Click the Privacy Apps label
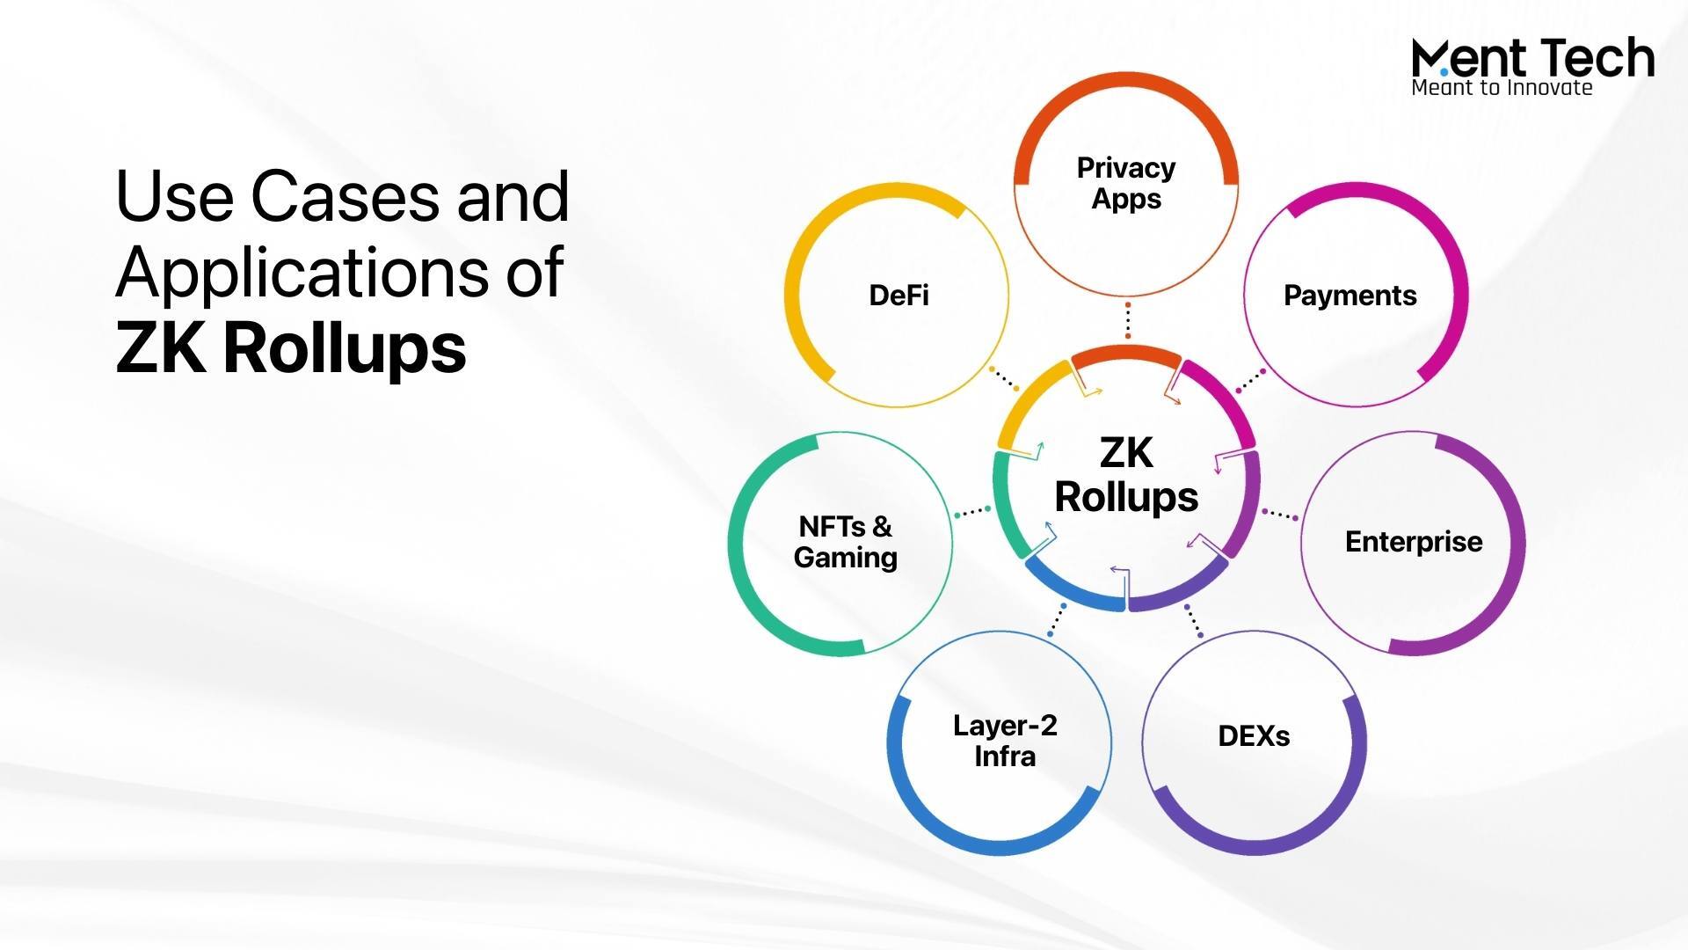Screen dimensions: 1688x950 click(x=1126, y=183)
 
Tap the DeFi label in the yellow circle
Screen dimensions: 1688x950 click(x=899, y=296)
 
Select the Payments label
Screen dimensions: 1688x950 click(x=1350, y=296)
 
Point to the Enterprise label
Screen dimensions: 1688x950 click(x=1414, y=542)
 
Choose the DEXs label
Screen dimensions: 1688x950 click(x=1254, y=736)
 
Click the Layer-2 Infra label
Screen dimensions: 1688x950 click(x=1005, y=741)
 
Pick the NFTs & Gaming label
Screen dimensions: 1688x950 click(x=845, y=542)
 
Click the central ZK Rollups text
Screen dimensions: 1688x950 click(x=1126, y=475)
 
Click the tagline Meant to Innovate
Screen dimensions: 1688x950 click(x=1502, y=87)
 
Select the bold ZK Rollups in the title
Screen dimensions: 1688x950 click(x=291, y=347)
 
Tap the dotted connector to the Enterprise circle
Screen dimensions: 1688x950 click(x=1280, y=515)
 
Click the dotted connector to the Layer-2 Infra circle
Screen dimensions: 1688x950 click(x=1057, y=620)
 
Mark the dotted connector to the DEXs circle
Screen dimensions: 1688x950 click(x=1194, y=620)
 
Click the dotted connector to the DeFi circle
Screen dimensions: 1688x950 click(x=1003, y=379)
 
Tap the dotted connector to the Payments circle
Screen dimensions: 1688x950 click(x=1251, y=381)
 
